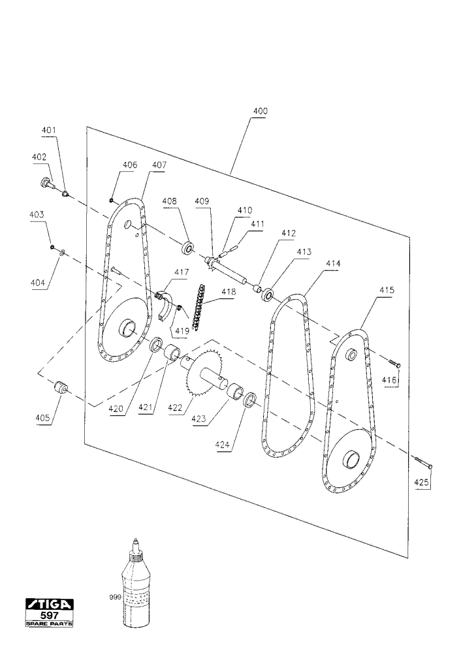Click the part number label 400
click(x=261, y=111)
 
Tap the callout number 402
click(x=39, y=157)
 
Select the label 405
click(x=42, y=418)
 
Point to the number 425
click(x=421, y=483)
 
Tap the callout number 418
click(x=228, y=291)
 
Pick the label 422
click(x=175, y=407)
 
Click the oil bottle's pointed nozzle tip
click(x=135, y=540)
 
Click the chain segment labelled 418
click(x=199, y=306)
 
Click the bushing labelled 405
click(x=61, y=387)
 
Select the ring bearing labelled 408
click(x=188, y=249)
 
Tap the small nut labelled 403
click(x=52, y=247)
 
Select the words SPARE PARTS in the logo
click(x=49, y=624)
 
